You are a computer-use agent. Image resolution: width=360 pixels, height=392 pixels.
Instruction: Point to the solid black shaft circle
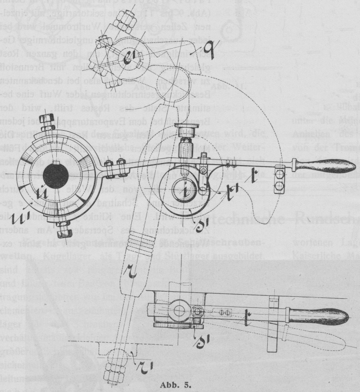(55, 176)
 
